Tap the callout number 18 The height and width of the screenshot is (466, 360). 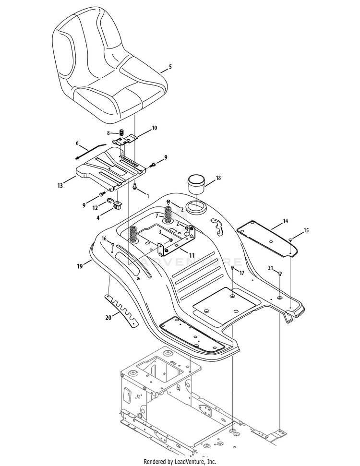tap(218, 178)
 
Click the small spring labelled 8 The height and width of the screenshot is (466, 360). tap(122, 132)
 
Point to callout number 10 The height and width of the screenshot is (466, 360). tap(154, 128)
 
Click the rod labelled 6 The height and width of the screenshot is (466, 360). tap(91, 151)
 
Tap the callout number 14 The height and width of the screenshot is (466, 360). tap(285, 221)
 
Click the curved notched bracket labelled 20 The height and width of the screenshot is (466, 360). tap(120, 311)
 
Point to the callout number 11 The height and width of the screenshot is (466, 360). tap(192, 255)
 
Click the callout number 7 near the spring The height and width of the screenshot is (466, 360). tap(156, 216)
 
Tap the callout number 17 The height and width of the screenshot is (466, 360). tap(242, 273)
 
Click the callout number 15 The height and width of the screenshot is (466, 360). tap(306, 231)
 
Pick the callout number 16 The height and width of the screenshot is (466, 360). tap(103, 239)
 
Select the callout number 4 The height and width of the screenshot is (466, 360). tap(99, 217)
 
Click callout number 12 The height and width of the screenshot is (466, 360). tap(96, 207)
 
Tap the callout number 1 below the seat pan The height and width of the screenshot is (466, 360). tap(147, 196)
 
